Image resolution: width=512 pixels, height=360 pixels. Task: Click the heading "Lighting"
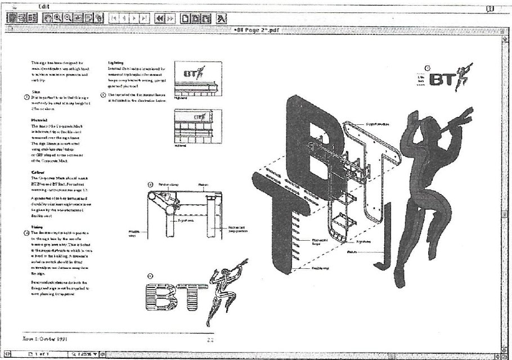(116, 63)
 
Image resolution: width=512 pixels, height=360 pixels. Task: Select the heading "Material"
(40, 119)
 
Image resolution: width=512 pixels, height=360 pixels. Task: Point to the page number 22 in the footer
(210, 339)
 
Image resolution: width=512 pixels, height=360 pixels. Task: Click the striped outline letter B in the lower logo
(158, 296)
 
